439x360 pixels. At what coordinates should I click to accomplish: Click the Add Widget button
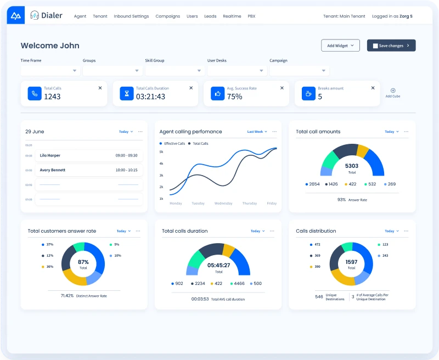click(x=340, y=46)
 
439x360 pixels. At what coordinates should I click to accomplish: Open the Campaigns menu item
click(x=167, y=16)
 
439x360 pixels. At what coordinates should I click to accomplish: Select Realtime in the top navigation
click(x=232, y=16)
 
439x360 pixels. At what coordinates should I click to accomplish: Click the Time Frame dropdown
click(x=50, y=71)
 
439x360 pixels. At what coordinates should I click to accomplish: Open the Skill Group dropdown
click(x=175, y=71)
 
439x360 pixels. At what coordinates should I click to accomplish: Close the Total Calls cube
click(x=100, y=88)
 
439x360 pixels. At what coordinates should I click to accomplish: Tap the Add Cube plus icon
click(x=393, y=91)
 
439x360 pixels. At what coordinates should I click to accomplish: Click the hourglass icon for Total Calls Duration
click(x=127, y=94)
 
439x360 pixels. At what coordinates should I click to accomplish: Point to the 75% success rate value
click(x=235, y=97)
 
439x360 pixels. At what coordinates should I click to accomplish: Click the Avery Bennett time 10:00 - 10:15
click(x=126, y=170)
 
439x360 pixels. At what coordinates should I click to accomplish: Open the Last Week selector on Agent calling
click(x=257, y=132)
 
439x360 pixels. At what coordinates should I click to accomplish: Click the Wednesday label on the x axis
click(x=223, y=204)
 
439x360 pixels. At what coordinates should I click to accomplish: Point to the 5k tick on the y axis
click(x=161, y=151)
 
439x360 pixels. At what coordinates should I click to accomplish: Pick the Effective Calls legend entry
click(x=175, y=143)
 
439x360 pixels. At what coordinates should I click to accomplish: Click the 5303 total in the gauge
click(x=352, y=166)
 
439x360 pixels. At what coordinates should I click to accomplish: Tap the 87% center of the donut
click(x=83, y=262)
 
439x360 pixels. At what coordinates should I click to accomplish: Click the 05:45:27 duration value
click(x=218, y=265)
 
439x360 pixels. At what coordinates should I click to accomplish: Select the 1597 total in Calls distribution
click(x=351, y=262)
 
